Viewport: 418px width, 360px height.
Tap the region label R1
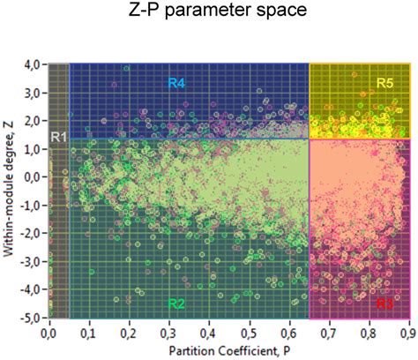tap(57, 136)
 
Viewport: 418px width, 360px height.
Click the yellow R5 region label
tap(384, 83)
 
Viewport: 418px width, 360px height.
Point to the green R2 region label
tap(176, 304)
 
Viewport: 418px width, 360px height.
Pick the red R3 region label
tap(384, 304)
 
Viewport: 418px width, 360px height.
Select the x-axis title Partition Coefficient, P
tap(228, 351)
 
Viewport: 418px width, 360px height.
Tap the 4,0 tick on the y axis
tap(33, 64)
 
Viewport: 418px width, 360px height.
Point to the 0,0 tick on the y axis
tap(33, 176)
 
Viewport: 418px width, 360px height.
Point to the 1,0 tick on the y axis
tap(33, 148)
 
